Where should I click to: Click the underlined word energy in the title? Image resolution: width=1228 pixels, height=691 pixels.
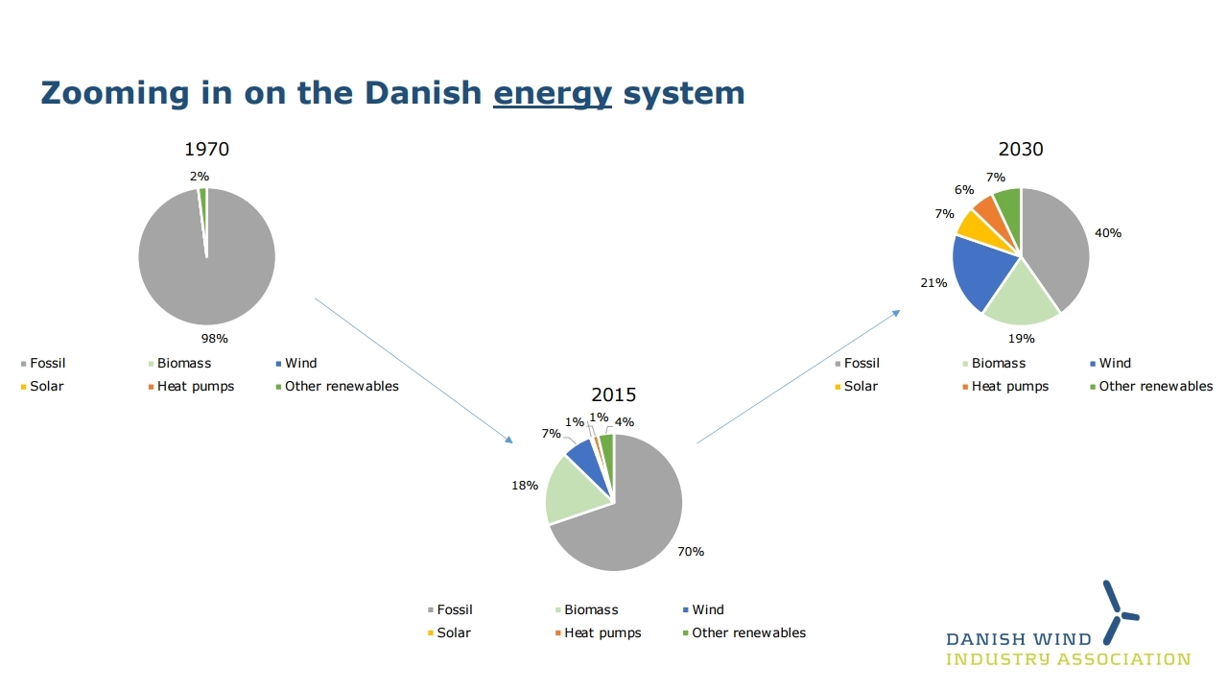click(552, 94)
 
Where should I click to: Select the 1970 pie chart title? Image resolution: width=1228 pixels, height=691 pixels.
click(206, 149)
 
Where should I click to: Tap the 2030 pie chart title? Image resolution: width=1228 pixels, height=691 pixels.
click(1021, 149)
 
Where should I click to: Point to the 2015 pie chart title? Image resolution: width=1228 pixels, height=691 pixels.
click(613, 394)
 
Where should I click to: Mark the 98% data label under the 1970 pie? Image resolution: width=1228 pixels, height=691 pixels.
click(214, 339)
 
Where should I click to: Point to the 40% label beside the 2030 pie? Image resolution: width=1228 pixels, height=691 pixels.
click(1108, 233)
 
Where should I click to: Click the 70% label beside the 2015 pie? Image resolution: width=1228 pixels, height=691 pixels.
click(691, 552)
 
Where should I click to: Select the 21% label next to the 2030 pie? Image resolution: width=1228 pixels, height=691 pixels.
click(933, 283)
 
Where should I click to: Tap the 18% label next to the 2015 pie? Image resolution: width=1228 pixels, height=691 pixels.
click(525, 486)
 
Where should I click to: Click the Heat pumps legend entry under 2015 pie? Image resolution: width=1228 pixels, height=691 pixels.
click(598, 632)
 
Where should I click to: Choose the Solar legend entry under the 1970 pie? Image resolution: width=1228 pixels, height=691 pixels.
click(42, 386)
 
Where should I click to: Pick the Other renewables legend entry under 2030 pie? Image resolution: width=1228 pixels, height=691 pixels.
click(1151, 386)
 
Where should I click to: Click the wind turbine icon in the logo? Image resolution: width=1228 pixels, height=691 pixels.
click(1119, 613)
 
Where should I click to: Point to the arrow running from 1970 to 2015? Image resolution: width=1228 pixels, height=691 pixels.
click(413, 370)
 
